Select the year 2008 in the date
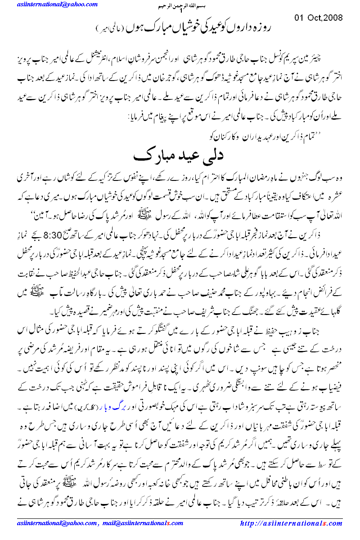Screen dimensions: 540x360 pyautogui.click(x=332, y=18)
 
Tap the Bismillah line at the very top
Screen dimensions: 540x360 pyautogui.click(x=180, y=7)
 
